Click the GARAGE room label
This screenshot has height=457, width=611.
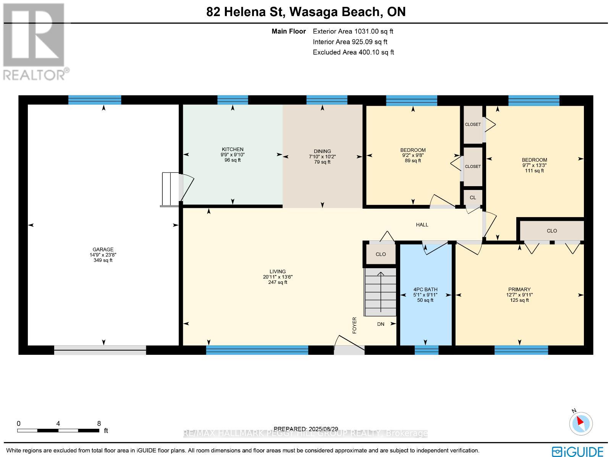103,249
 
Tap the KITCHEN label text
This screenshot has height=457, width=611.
233,149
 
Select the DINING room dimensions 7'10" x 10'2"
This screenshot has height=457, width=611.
322,156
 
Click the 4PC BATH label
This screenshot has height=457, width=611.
425,290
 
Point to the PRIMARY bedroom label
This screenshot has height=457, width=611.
519,290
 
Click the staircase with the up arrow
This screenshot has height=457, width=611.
381,292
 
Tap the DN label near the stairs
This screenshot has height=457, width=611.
381,324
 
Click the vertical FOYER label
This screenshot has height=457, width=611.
354,325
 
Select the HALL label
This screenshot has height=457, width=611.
422,225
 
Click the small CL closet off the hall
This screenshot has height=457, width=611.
473,198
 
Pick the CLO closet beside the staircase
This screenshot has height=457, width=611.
380,254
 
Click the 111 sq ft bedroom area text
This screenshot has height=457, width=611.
534,171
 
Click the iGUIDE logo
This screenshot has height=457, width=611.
577,451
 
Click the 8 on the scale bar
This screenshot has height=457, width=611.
99,423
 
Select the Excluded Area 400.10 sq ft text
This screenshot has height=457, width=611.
353,52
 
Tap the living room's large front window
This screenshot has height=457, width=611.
257,350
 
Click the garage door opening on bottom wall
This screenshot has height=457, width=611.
100,350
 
